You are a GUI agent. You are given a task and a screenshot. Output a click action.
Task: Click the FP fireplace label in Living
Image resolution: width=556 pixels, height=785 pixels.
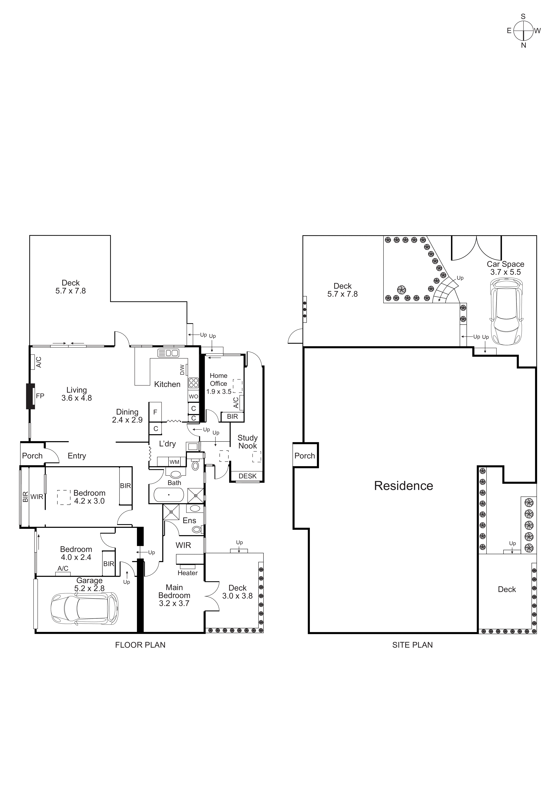[x=40, y=396]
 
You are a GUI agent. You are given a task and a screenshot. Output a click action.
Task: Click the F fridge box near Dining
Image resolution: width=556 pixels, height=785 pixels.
[x=155, y=412]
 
